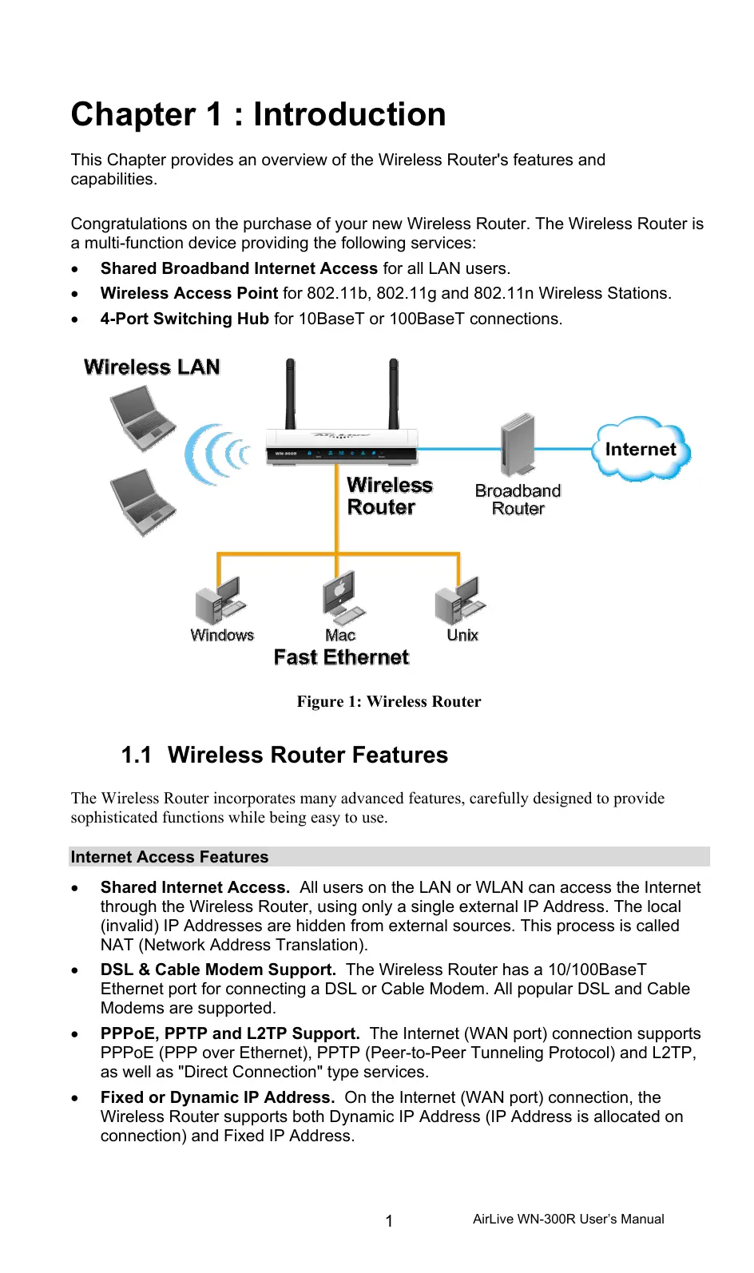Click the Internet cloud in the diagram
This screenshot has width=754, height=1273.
(x=641, y=450)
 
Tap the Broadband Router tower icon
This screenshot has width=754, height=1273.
(x=517, y=444)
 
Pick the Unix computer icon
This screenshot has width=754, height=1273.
(x=459, y=601)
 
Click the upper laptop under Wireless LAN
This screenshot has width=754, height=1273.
(x=141, y=418)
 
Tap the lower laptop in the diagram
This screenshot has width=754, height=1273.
(x=141, y=502)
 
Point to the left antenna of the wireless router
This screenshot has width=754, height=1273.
(x=290, y=394)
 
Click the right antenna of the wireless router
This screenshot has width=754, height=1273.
(x=393, y=394)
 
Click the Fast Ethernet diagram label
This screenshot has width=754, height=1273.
(x=341, y=657)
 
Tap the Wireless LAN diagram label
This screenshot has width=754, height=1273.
(x=152, y=367)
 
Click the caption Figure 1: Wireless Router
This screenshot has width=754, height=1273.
(x=389, y=701)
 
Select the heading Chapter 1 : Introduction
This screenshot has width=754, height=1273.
(x=258, y=114)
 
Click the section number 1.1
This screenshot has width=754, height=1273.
(x=137, y=755)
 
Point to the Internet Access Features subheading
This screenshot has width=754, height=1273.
(x=169, y=857)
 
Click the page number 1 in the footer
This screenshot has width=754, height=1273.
(x=389, y=1220)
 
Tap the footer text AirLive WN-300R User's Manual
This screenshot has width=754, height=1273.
(x=568, y=1219)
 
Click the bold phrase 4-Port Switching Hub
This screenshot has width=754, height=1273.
(x=185, y=319)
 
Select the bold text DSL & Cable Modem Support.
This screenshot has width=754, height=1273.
(x=218, y=970)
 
